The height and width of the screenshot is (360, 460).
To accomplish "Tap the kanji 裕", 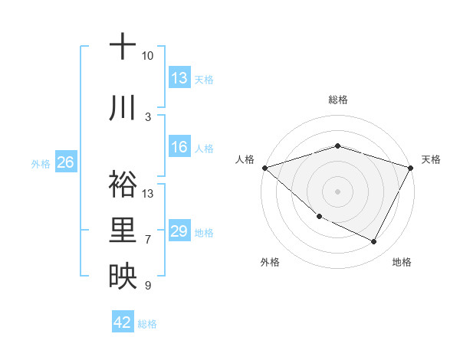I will click(123, 183).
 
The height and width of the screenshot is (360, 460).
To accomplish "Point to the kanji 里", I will click(123, 230).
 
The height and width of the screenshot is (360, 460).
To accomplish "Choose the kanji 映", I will click(123, 276).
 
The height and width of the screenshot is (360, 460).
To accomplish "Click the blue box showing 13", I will click(179, 78).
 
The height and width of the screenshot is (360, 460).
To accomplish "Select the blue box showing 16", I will click(179, 147).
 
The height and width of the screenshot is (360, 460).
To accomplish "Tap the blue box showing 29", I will click(179, 231).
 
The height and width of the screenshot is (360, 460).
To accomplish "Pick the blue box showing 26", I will click(65, 162).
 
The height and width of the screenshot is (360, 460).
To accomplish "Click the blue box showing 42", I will click(123, 322).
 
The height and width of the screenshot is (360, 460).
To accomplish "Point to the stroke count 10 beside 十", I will click(148, 56).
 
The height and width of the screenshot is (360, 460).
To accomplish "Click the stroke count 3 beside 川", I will click(148, 117).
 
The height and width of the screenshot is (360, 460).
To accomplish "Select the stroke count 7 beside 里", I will click(148, 240).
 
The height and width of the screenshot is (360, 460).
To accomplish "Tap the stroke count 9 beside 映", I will click(148, 286).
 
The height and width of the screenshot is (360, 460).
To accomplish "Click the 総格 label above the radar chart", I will click(338, 100).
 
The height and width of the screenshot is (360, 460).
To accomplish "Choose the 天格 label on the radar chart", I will click(431, 159).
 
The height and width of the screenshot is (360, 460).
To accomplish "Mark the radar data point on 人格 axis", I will click(264, 167).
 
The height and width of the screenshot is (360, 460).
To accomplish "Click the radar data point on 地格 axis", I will click(374, 242).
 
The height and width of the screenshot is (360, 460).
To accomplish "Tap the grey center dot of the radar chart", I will click(338, 191).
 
